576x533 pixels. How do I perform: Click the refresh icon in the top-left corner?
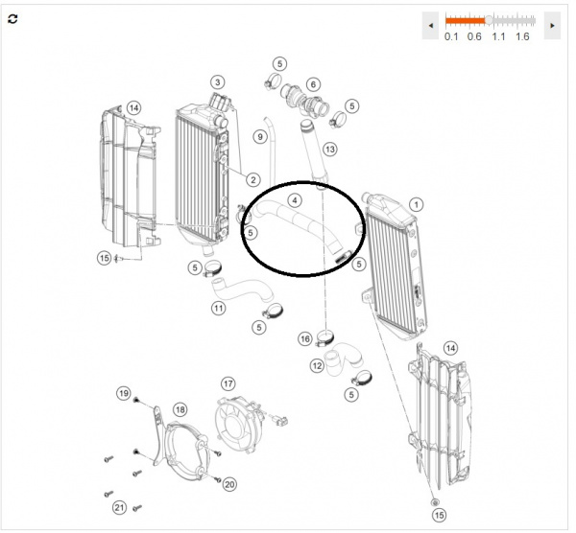tap(12, 19)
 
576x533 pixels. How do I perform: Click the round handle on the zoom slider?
tap(489, 20)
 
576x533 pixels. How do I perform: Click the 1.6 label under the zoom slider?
tap(522, 36)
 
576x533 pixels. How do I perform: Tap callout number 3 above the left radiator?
tap(218, 82)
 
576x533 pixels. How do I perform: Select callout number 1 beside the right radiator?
tap(417, 205)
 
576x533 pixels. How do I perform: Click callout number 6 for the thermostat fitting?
tap(313, 84)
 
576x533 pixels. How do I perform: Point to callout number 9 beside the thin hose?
tap(260, 137)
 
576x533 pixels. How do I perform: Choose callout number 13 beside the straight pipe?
tap(330, 150)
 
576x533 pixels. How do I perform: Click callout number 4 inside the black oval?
tap(295, 200)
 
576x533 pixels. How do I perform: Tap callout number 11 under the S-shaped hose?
tap(219, 308)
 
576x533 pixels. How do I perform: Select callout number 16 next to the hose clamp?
tap(305, 338)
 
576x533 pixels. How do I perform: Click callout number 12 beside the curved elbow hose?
tap(317, 366)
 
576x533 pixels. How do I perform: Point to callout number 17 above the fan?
tap(228, 384)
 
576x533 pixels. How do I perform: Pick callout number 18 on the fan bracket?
tap(180, 409)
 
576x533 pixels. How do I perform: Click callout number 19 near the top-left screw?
tap(124, 394)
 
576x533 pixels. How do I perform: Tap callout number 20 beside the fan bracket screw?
tap(229, 484)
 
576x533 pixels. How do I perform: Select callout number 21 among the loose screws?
tap(119, 508)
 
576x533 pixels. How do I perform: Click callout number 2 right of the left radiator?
tap(253, 180)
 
